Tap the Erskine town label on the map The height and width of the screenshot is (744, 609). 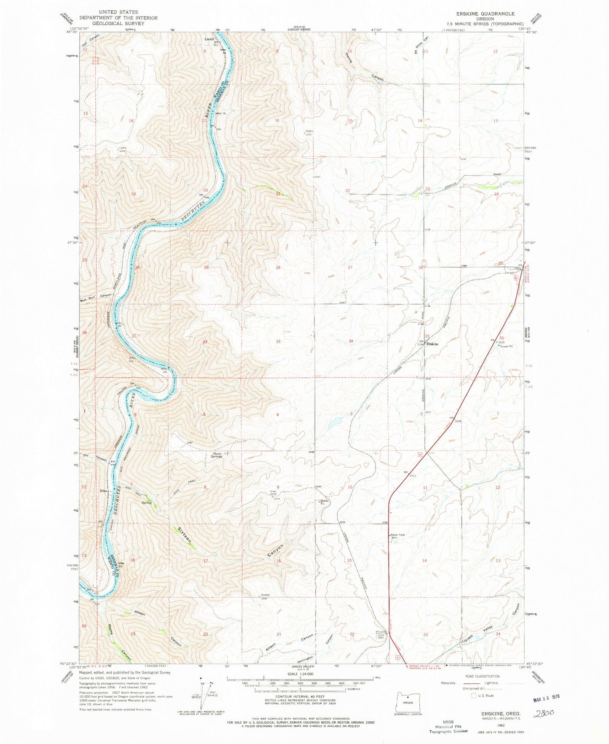pyautogui.click(x=433, y=344)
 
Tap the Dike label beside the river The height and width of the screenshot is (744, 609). pyautogui.click(x=103, y=491)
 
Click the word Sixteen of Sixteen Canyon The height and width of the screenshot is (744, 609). pyautogui.click(x=184, y=534)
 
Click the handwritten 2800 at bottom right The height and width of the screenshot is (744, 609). pyautogui.click(x=543, y=713)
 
